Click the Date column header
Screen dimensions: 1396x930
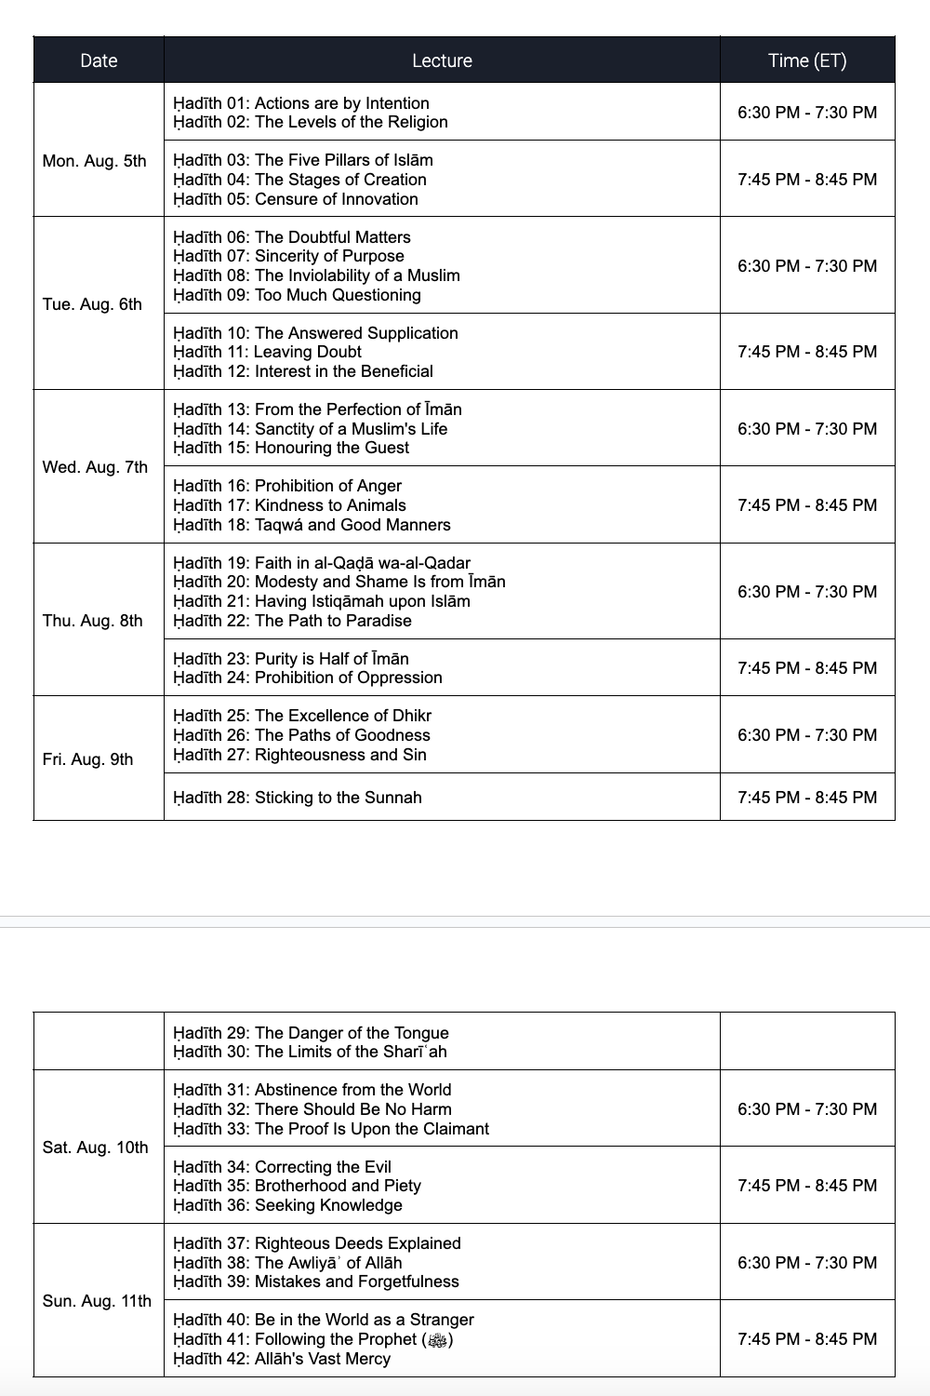point(99,60)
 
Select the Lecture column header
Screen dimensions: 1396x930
point(442,60)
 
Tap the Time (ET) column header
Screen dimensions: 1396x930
point(807,60)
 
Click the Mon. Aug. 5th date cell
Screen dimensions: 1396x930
point(95,161)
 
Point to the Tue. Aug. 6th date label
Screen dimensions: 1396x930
point(92,304)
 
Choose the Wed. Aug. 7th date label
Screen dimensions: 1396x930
point(95,466)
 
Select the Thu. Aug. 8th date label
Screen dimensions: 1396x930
point(93,621)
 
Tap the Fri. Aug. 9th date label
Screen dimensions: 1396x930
point(88,759)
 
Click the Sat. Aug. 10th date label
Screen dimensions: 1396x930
point(96,1148)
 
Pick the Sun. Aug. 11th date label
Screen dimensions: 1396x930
point(97,1301)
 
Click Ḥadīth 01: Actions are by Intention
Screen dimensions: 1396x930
point(301,103)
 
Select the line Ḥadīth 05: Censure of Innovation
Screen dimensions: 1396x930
point(296,199)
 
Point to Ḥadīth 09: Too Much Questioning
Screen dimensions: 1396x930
point(297,295)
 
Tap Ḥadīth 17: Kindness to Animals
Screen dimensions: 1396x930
point(289,505)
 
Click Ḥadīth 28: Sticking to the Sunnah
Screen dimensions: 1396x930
point(298,798)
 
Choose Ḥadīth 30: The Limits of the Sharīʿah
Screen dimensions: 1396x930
point(310,1052)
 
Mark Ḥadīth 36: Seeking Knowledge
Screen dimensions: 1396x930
point(287,1205)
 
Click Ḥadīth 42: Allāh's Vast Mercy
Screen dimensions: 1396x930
point(282,1359)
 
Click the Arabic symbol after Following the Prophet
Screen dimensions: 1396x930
point(437,1340)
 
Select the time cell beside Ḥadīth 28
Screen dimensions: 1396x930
point(807,798)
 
